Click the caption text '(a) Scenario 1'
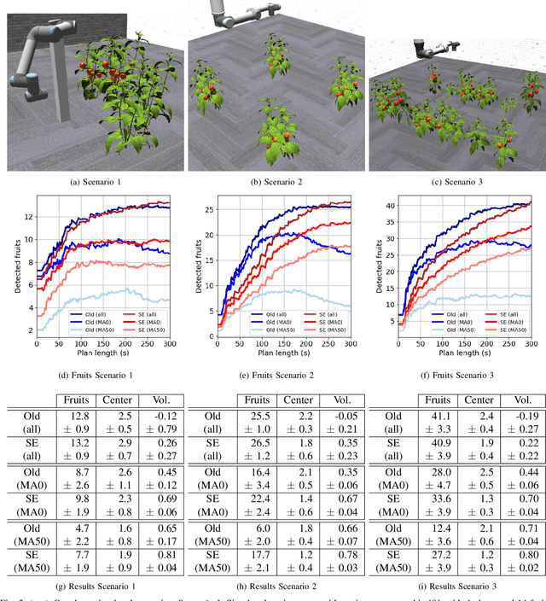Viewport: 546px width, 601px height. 92,181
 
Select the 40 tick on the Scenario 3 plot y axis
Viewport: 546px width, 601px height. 390,206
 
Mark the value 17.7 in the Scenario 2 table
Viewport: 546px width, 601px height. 257,556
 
